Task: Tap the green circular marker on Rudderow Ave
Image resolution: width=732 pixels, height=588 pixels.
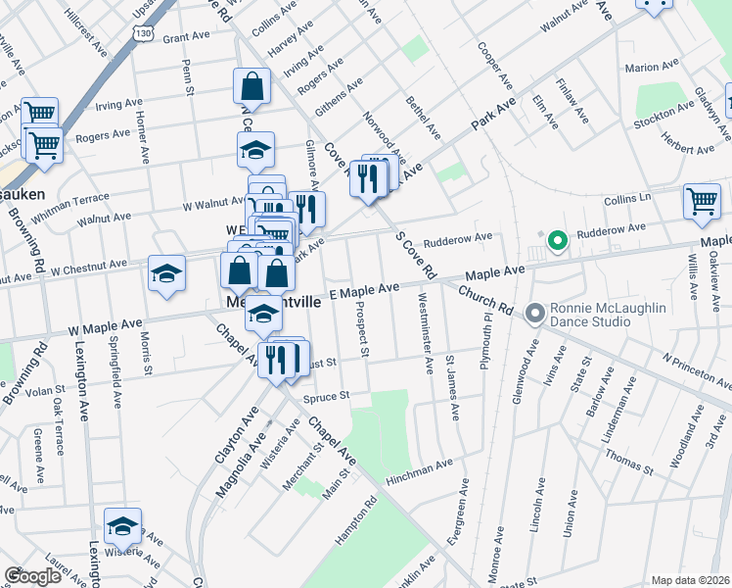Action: point(557,240)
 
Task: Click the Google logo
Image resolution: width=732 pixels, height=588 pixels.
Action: point(32,576)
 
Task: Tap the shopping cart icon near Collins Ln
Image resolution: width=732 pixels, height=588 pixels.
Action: point(702,201)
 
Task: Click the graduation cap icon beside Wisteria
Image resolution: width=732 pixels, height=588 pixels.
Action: point(122,526)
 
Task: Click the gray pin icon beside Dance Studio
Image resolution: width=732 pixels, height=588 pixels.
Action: point(534,314)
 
